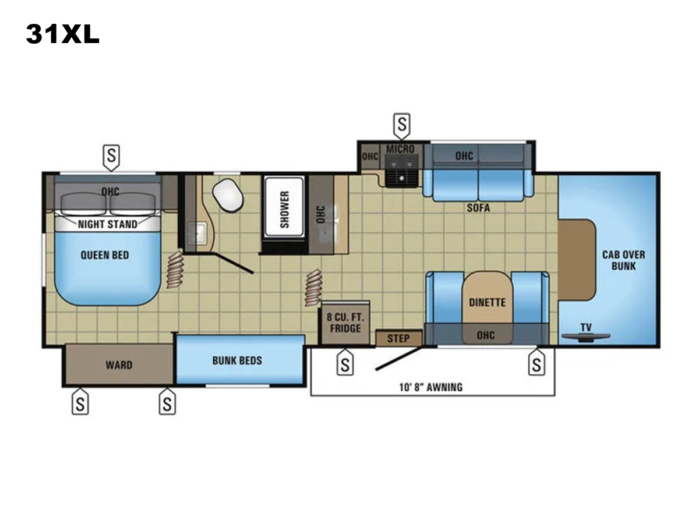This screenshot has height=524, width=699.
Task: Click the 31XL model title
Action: pos(63,34)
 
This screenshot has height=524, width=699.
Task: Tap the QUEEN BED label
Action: pos(105,255)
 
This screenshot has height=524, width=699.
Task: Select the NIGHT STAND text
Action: pos(108,224)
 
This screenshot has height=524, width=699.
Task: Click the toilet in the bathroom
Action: pos(228,194)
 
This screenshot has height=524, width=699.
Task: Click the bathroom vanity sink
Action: pos(197,232)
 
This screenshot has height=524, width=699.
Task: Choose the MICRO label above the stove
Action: pos(401,149)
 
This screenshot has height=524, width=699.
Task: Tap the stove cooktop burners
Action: pos(402,171)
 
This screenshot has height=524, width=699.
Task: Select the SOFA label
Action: pos(478,208)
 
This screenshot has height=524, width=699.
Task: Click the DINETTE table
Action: pos(487,302)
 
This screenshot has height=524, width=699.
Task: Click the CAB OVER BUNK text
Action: pos(623,260)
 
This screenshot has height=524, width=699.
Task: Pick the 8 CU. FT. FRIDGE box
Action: pos(345,323)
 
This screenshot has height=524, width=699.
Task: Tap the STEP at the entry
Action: pos(398,338)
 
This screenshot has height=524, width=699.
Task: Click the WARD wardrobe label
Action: pos(119,364)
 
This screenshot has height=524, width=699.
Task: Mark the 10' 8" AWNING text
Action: pos(431,387)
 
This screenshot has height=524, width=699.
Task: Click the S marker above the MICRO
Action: pos(402,126)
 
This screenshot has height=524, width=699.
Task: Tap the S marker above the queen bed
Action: pos(111,157)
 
